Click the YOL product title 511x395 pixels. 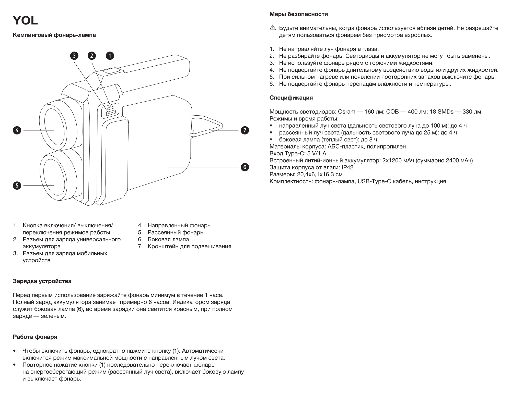(25, 21)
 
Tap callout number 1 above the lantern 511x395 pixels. (110, 56)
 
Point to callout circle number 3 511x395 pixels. (74, 56)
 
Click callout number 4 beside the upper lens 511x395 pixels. (17, 130)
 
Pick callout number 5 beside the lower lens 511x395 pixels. (17, 186)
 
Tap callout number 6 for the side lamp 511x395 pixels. (245, 167)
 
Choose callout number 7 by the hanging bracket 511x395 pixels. (245, 130)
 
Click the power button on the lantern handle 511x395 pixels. (110, 70)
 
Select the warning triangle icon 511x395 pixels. (273, 28)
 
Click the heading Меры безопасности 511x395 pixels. (299, 14)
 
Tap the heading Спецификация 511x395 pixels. (291, 98)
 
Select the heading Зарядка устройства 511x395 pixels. (42, 281)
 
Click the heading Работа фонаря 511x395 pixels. (35, 337)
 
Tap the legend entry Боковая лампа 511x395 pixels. (168, 239)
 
